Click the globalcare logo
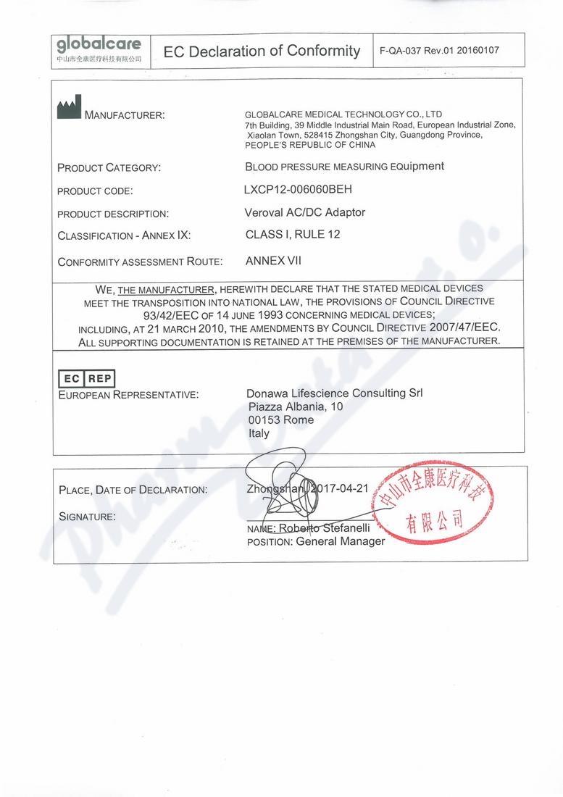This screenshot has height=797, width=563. click(99, 50)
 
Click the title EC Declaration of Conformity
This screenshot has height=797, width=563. click(262, 51)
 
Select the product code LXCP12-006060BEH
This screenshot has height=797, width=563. click(299, 190)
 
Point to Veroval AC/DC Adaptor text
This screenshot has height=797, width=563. click(305, 212)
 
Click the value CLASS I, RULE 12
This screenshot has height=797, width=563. click(293, 234)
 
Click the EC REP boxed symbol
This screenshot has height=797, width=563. click(86, 378)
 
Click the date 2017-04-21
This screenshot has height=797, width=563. click(342, 489)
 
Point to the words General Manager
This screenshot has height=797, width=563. click(341, 541)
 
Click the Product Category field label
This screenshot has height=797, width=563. click(109, 168)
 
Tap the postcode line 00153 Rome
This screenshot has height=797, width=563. click(280, 420)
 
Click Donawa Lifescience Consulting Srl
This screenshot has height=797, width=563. click(334, 393)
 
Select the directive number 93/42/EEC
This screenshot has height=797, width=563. click(175, 314)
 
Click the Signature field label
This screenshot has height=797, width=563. click(86, 517)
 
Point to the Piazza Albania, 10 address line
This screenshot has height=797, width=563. click(295, 407)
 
